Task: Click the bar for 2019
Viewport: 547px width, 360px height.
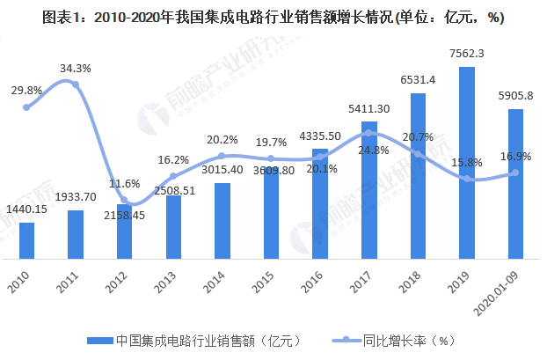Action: point(467,163)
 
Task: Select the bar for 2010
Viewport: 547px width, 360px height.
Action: point(26,241)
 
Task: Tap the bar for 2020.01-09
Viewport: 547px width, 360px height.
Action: point(516,184)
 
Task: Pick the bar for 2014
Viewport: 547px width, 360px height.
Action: point(222,221)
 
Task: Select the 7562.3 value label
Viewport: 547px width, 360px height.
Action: point(467,55)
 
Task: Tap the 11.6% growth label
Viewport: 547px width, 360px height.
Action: point(125,184)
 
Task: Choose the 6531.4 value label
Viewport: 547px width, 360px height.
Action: point(418,81)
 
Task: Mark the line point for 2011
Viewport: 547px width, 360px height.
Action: point(76,84)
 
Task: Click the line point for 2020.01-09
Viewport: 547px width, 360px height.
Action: point(516,173)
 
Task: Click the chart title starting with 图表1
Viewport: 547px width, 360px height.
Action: point(273,15)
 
